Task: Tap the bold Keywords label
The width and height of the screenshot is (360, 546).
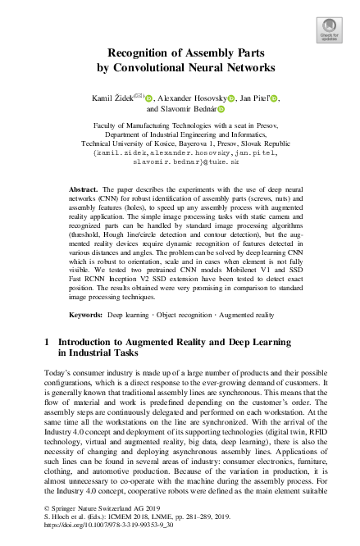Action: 85,314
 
